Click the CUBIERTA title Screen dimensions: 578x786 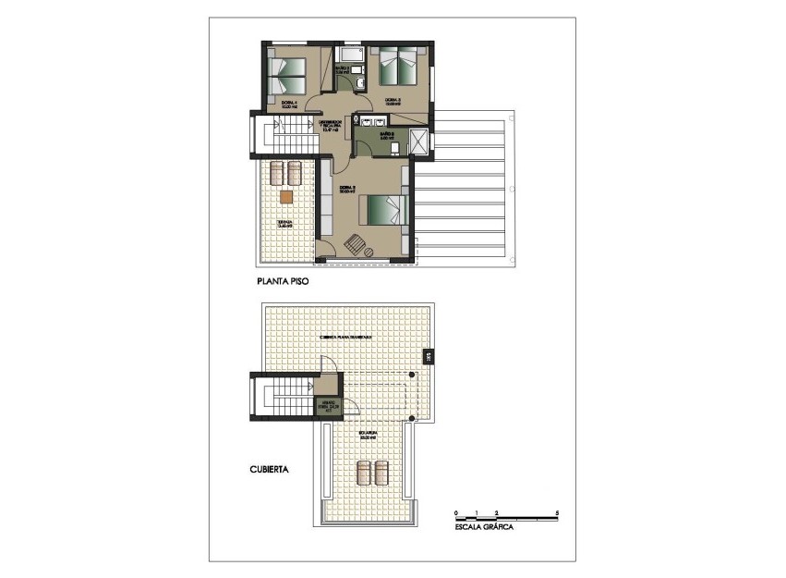pos(270,469)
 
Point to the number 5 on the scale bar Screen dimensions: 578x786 pos(557,511)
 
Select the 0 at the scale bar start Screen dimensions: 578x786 pos(456,511)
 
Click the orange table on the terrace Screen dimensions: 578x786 pos(285,195)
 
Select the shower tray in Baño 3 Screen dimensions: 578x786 pos(417,143)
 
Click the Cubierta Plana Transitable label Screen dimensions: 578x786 pos(345,338)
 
